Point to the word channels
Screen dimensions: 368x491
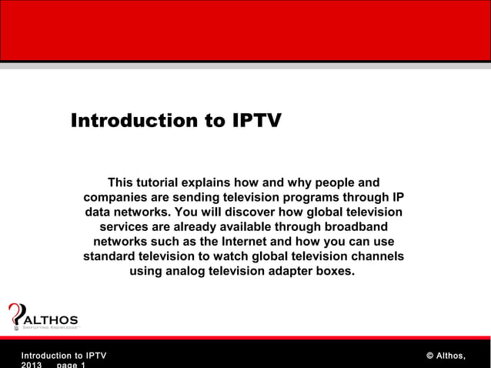(376, 256)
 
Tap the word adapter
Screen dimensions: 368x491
(294, 271)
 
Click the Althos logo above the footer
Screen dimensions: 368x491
(42, 316)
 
